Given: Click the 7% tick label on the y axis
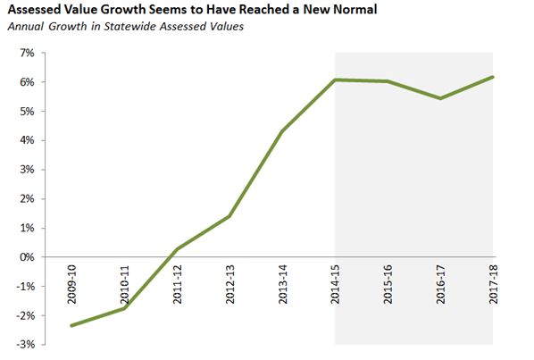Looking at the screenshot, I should click(x=26, y=54).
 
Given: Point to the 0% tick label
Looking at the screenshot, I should click(x=26, y=257).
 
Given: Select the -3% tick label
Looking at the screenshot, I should click(x=24, y=345).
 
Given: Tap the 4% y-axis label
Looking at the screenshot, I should click(x=26, y=141).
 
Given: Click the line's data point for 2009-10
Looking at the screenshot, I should click(x=71, y=325).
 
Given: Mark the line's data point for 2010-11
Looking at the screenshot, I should click(x=124, y=308).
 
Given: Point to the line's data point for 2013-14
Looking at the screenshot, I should click(x=282, y=131).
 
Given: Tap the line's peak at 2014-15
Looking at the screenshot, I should click(x=335, y=80).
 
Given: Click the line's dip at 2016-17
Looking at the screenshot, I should click(x=440, y=98).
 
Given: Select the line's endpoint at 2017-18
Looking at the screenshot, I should click(x=493, y=77).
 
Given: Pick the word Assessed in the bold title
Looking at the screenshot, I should click(x=34, y=11).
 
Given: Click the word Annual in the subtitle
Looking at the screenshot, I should click(x=25, y=26).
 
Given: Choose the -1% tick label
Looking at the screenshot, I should click(x=24, y=287).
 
